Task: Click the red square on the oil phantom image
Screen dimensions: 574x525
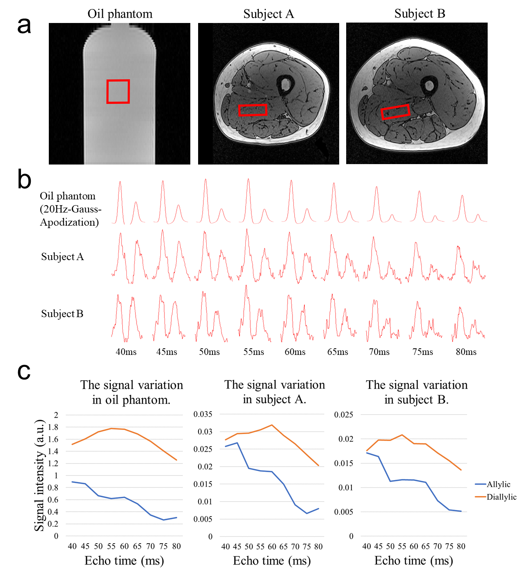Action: pos(118,91)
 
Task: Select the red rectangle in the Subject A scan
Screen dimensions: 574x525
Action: pos(253,110)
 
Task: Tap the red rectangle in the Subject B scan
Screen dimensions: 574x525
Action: pos(395,112)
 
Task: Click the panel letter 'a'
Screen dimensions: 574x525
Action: pos(24,25)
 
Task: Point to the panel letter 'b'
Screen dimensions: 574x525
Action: pos(24,180)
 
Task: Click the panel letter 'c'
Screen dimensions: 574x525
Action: pos(24,371)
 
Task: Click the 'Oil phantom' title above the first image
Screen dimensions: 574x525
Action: pos(120,14)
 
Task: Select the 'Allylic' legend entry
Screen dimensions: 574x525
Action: pos(498,485)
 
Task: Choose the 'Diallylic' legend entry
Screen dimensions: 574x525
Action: pos(501,497)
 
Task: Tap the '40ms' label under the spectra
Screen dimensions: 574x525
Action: pos(126,352)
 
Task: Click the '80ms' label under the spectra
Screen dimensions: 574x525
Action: pos(466,352)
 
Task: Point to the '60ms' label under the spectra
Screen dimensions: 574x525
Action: pos(295,352)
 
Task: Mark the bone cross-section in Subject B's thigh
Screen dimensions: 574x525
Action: pos(429,86)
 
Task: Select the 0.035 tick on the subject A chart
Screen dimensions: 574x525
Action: pos(203,414)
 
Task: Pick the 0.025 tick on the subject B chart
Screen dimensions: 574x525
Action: pos(344,415)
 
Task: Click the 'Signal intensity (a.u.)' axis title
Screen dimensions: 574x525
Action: pos(39,475)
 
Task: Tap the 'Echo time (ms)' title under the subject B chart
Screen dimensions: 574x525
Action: pos(413,561)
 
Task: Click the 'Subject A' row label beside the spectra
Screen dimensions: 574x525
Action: pos(62,257)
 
